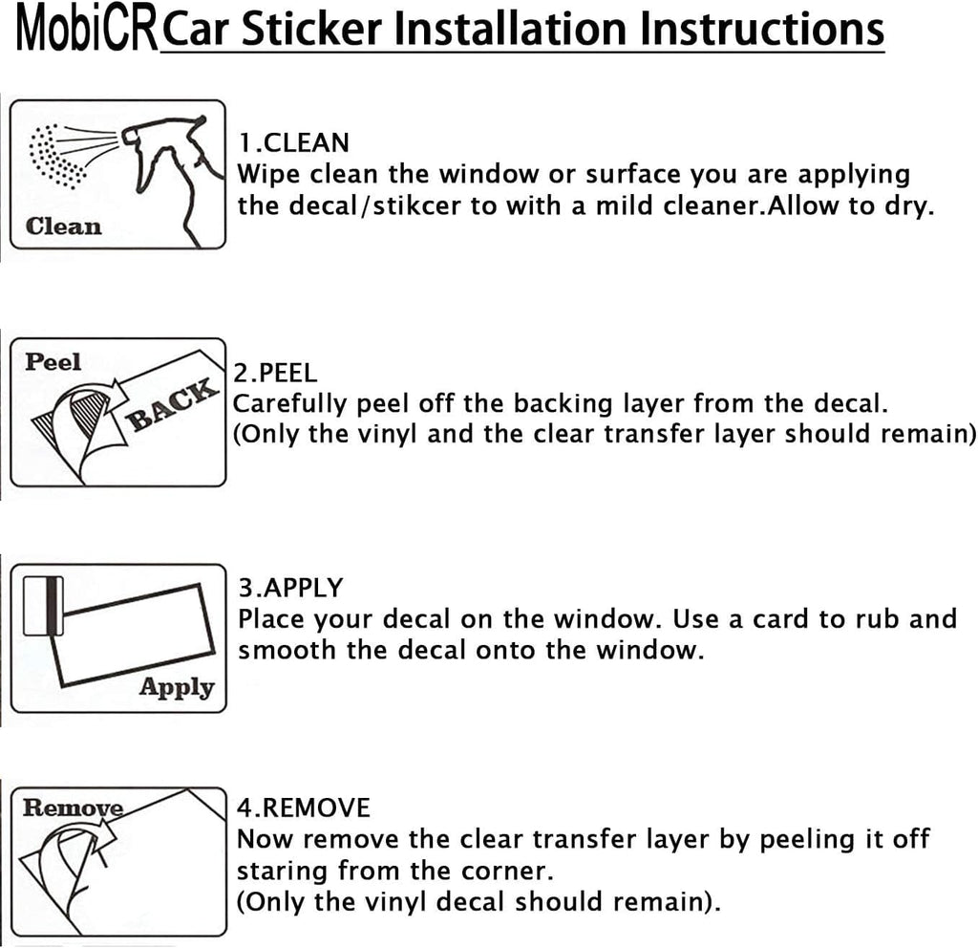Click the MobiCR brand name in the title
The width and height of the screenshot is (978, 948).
click(x=87, y=30)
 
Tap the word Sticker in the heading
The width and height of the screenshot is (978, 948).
click(x=311, y=29)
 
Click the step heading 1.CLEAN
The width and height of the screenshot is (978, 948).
click(x=293, y=143)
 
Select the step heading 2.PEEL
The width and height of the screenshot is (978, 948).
click(x=275, y=373)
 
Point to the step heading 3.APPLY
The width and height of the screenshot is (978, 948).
click(x=290, y=589)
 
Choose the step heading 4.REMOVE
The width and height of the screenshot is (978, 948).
click(x=303, y=808)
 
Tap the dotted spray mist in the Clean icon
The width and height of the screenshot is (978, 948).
click(x=57, y=156)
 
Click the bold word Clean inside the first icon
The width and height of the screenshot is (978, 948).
click(x=64, y=226)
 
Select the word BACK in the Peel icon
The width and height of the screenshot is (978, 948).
click(x=173, y=405)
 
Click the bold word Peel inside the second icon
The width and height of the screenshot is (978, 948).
click(x=53, y=362)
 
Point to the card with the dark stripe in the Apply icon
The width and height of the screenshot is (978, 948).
click(x=43, y=605)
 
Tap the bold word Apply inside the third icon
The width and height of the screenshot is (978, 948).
click(x=177, y=687)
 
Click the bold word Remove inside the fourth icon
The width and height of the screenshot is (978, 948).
click(x=73, y=808)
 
